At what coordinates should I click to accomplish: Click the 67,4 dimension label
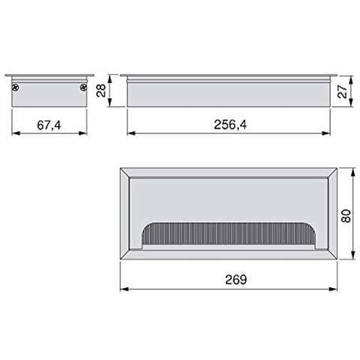click(x=49, y=125)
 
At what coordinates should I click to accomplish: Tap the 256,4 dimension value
click(x=230, y=124)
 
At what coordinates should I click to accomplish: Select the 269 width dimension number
click(x=236, y=280)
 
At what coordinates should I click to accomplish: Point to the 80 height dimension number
click(x=346, y=216)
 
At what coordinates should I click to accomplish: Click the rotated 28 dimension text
click(x=101, y=91)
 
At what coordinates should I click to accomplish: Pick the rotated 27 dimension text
click(x=343, y=91)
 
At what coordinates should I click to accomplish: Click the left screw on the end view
click(x=15, y=88)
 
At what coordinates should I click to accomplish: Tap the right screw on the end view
click(x=83, y=88)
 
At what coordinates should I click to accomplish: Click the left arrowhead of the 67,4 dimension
click(x=16, y=133)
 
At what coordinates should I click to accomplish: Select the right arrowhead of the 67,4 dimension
click(x=82, y=133)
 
